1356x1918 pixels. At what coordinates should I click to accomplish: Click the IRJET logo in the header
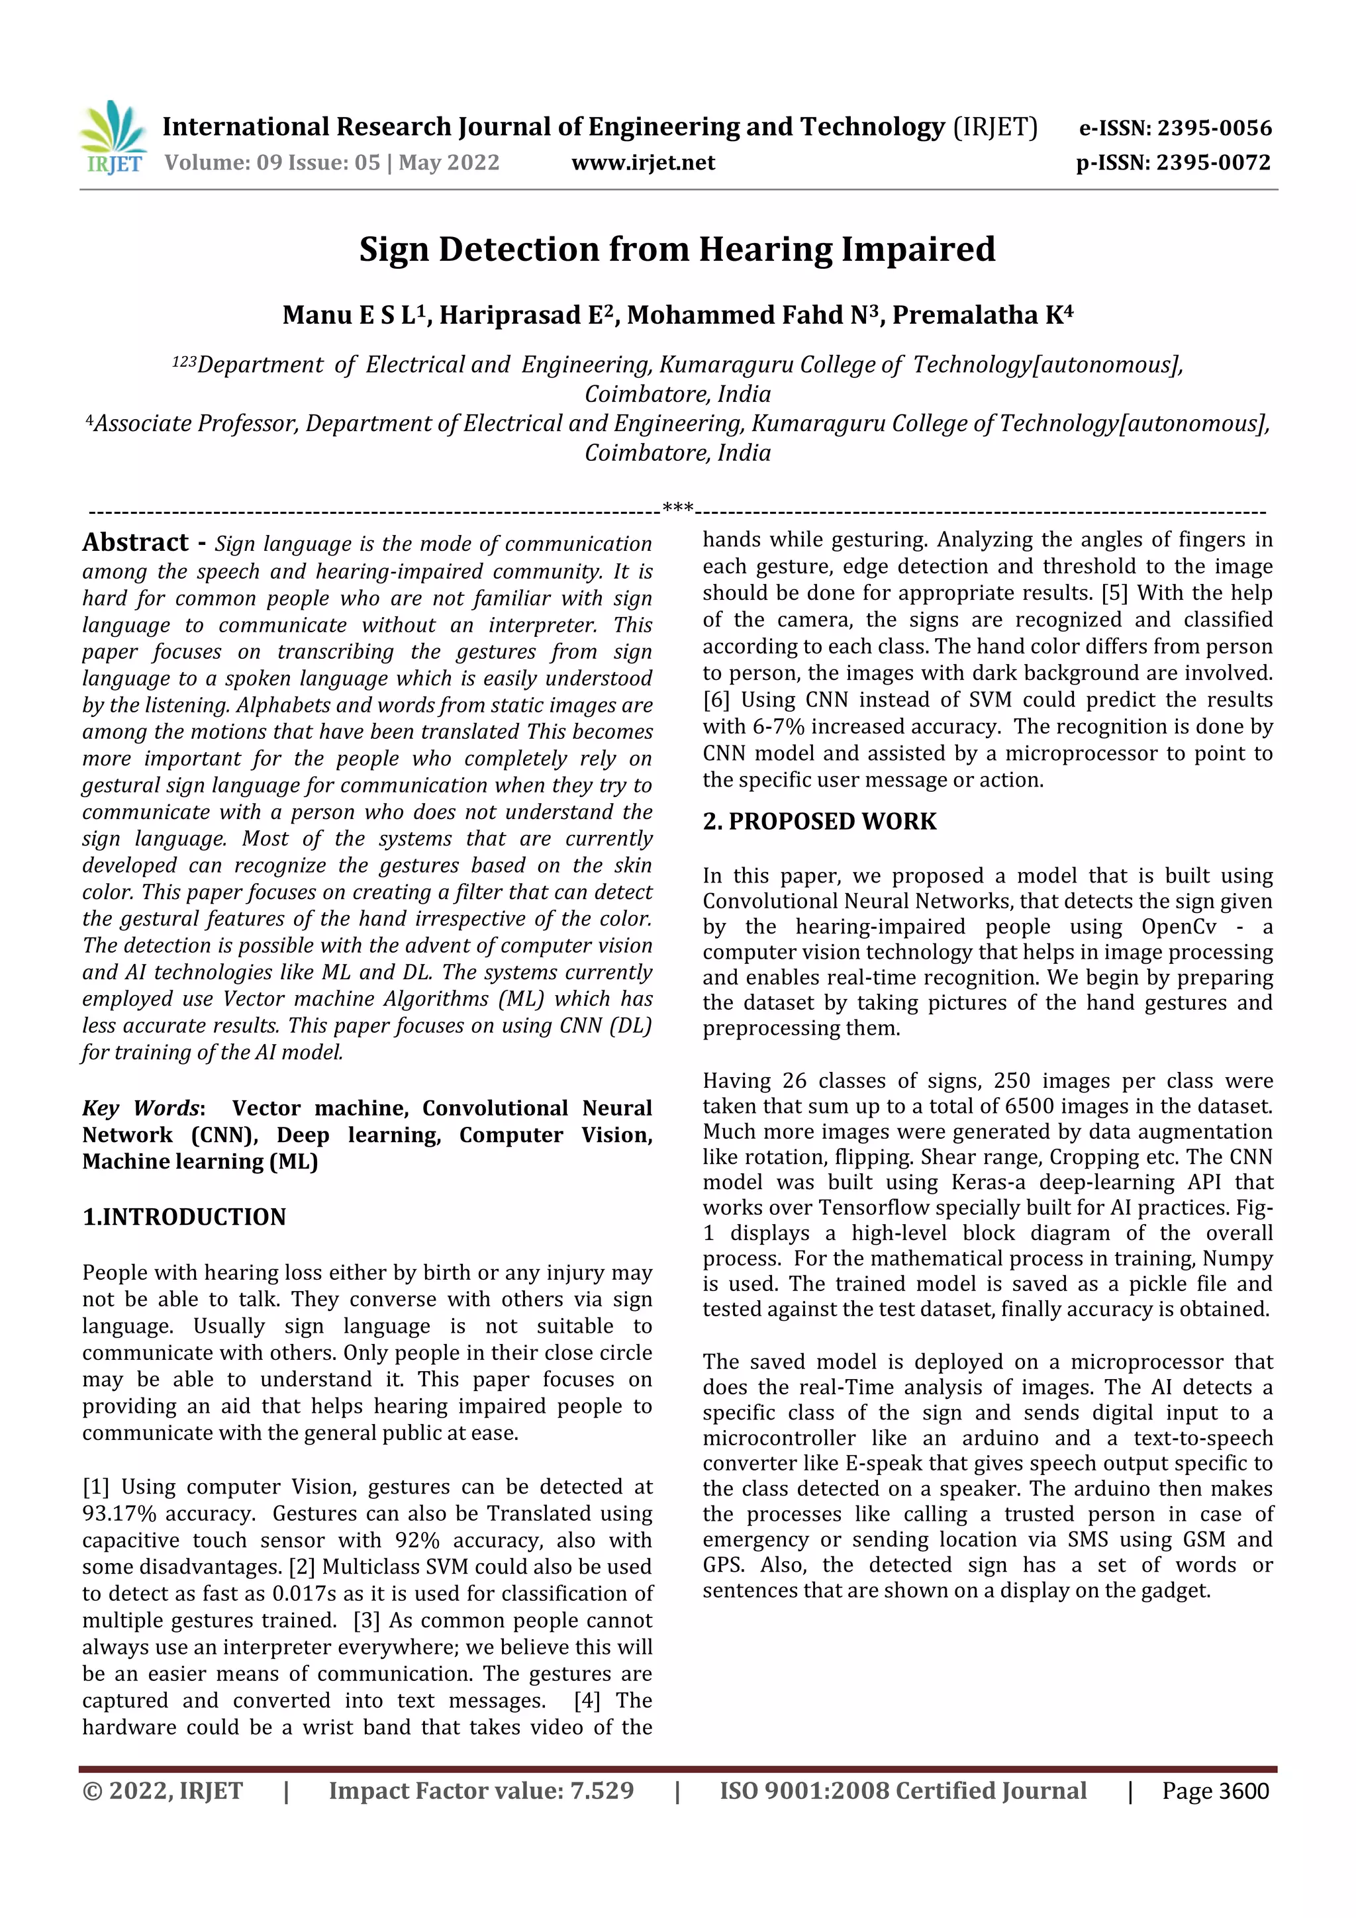(113, 138)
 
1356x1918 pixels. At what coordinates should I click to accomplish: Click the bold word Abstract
(135, 542)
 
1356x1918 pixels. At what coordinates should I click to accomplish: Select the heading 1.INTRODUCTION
(184, 1216)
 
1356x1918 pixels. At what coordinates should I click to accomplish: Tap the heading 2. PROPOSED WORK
(819, 821)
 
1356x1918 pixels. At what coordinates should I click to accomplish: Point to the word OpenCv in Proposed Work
(1178, 926)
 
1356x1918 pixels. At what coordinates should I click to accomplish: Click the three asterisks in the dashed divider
(677, 507)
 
